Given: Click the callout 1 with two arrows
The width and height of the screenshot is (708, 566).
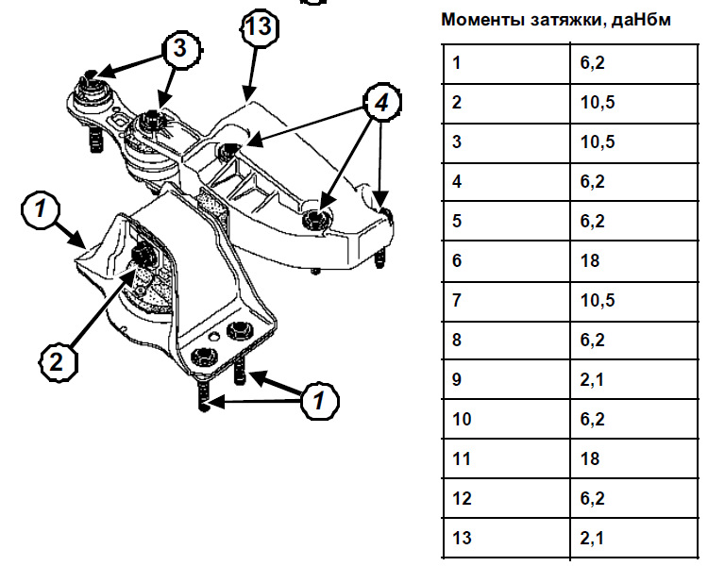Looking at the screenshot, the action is click(321, 401).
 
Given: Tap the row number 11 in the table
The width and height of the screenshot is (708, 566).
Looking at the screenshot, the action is click(462, 458).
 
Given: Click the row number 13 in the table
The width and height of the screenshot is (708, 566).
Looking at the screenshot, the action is click(462, 538).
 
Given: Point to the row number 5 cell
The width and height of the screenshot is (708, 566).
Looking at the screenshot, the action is click(458, 221).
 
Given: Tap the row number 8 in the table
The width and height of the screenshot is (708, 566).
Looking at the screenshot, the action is click(458, 340).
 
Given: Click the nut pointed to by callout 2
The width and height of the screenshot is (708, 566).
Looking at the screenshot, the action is click(145, 254).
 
